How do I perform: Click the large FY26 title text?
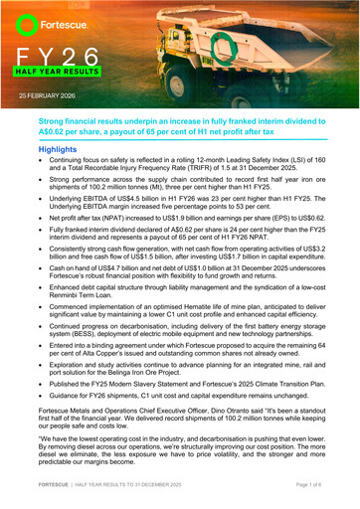[x=60, y=56]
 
